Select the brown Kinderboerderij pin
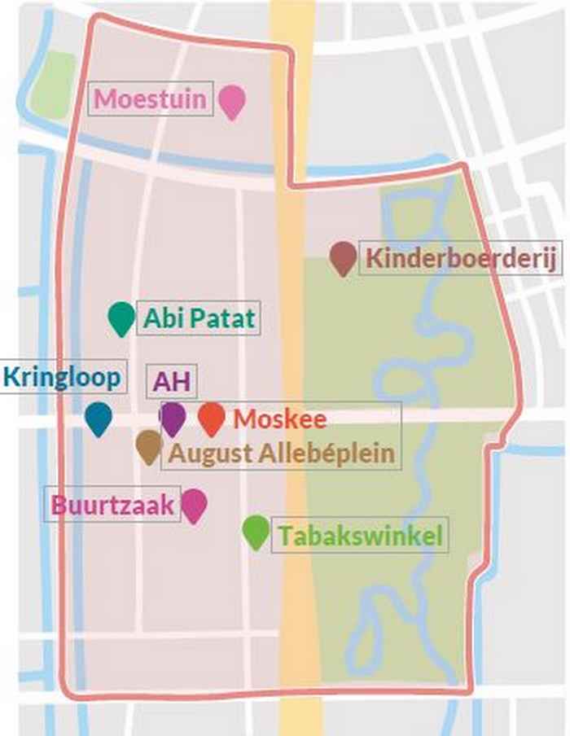point(343,256)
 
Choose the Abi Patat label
point(199,318)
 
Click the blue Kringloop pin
point(99,417)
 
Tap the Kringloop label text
point(62,377)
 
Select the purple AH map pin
point(172,417)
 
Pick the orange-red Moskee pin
point(212,418)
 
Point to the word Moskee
point(280,419)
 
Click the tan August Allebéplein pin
point(148,445)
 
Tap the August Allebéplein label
point(281,453)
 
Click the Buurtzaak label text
point(113,506)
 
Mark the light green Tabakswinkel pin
point(256,531)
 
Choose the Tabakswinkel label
point(360,536)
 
